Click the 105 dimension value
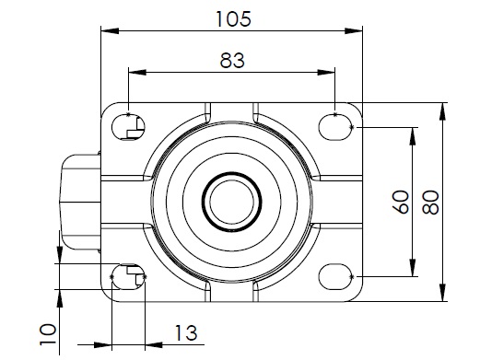click(234, 18)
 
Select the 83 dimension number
click(232, 61)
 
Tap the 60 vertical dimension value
click(401, 202)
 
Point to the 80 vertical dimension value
click(430, 203)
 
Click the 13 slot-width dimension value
click(186, 332)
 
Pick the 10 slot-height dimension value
click(48, 334)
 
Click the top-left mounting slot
click(128, 127)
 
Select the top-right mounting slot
click(335, 127)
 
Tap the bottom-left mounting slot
click(128, 276)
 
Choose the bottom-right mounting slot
click(335, 276)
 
